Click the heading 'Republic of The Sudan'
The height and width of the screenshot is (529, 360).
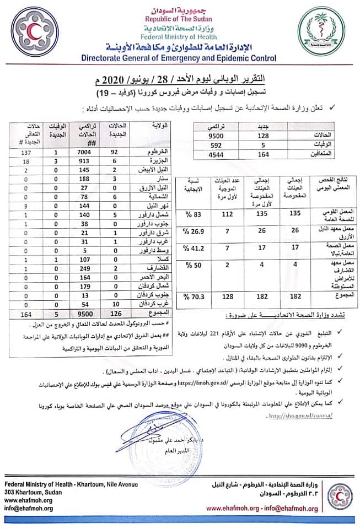[179, 19]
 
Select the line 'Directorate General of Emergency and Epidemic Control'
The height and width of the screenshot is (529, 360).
[179, 57]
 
